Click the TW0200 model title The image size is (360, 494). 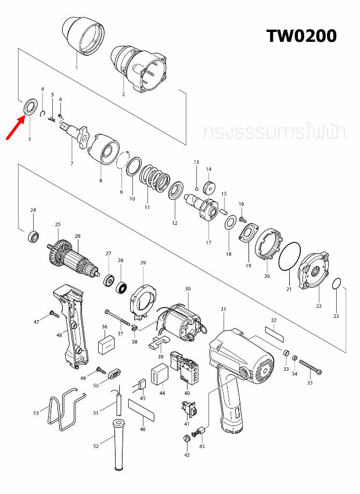301,36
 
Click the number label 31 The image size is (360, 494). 224,309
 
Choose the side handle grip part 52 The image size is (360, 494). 118,444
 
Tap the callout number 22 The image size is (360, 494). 319,306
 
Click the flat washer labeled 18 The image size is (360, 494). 230,222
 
